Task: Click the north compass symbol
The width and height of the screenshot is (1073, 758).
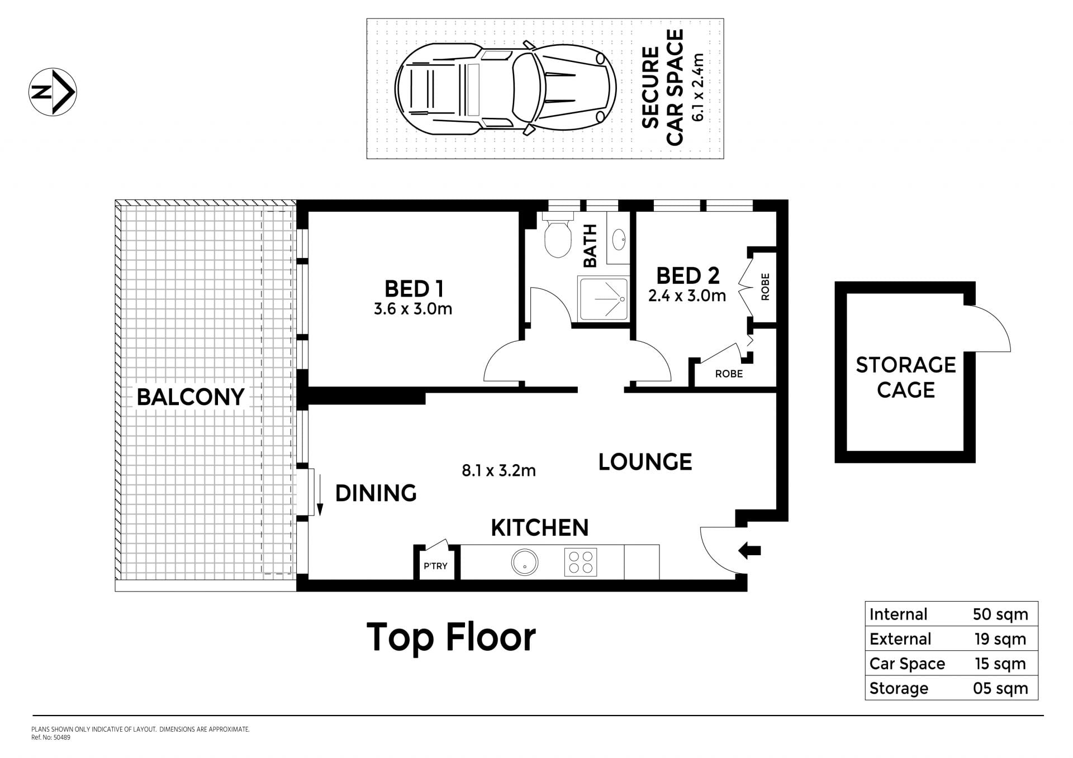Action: pyautogui.click(x=53, y=92)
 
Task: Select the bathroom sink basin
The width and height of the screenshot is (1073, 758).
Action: pyautogui.click(x=619, y=240)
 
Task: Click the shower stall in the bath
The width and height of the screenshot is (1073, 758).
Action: pyautogui.click(x=604, y=299)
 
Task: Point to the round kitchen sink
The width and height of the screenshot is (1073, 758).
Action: pyautogui.click(x=525, y=562)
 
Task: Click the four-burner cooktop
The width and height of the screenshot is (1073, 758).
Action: pyautogui.click(x=581, y=562)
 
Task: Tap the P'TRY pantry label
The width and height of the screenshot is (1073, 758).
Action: pyautogui.click(x=435, y=566)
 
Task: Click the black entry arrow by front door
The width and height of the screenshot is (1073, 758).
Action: pyautogui.click(x=749, y=550)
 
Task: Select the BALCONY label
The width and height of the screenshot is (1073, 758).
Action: pyautogui.click(x=191, y=397)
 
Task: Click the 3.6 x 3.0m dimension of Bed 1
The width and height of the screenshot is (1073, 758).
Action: pyautogui.click(x=413, y=309)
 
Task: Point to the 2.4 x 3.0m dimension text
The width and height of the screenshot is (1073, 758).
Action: pyautogui.click(x=687, y=295)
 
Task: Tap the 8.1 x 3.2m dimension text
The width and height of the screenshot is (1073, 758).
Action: pyautogui.click(x=498, y=471)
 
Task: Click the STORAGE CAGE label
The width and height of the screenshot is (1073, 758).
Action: pyautogui.click(x=906, y=377)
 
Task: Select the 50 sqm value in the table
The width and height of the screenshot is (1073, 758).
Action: pyautogui.click(x=1000, y=614)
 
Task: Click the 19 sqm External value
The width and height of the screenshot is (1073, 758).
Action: pyautogui.click(x=1000, y=639)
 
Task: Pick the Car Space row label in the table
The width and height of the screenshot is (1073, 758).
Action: pyautogui.click(x=907, y=664)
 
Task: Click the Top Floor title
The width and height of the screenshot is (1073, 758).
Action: pyautogui.click(x=451, y=637)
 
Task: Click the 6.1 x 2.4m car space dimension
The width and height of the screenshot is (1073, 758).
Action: pyautogui.click(x=698, y=88)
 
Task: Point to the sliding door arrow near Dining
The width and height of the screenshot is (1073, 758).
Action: pyautogui.click(x=320, y=494)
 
